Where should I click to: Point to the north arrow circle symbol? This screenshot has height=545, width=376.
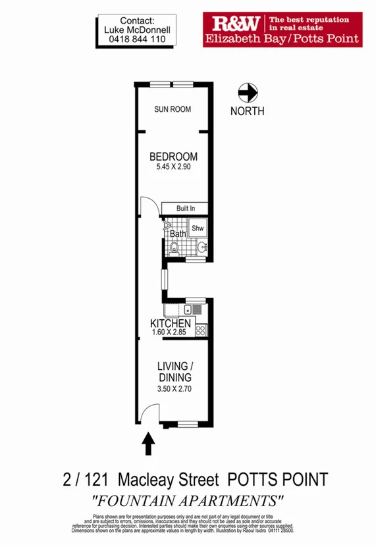point(248,93)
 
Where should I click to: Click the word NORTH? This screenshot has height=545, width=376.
point(248,111)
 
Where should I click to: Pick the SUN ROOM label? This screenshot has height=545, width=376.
point(173,109)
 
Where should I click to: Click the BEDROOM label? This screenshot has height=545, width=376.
point(174,157)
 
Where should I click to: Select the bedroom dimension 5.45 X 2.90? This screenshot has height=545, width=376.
point(174,168)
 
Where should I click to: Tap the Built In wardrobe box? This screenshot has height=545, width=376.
point(186,209)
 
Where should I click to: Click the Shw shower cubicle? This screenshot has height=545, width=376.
point(198,228)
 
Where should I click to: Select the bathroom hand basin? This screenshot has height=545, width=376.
point(202,247)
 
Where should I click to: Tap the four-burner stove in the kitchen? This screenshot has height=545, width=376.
point(200,327)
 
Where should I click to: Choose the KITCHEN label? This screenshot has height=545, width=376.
point(171,324)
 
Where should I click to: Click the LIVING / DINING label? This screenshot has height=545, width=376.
point(174,372)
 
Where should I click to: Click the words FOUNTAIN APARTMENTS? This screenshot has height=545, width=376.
point(188,500)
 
